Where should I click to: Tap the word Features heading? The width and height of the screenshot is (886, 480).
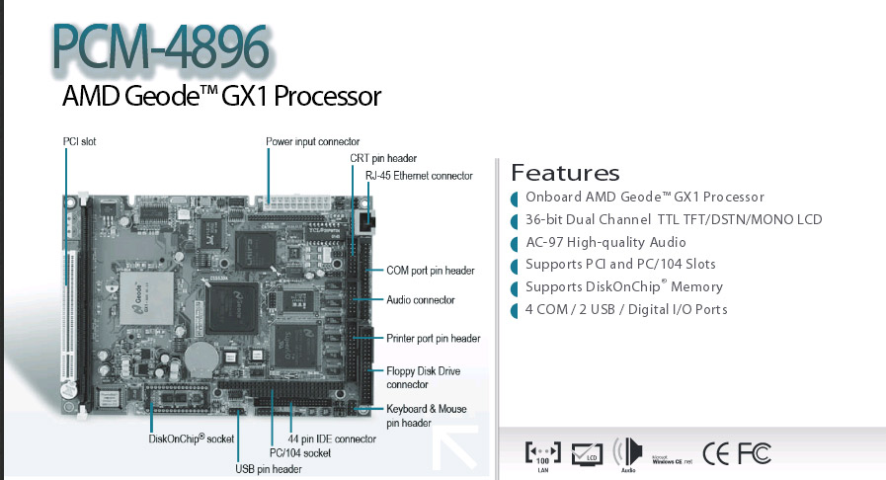pyautogui.click(x=565, y=174)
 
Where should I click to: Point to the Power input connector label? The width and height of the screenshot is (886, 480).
pyautogui.click(x=312, y=142)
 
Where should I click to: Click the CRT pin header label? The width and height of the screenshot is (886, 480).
pyautogui.click(x=382, y=158)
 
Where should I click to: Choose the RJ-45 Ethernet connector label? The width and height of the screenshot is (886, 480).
pyautogui.click(x=419, y=176)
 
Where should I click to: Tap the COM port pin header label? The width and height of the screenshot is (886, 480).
pyautogui.click(x=430, y=271)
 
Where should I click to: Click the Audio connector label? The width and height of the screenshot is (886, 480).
pyautogui.click(x=420, y=299)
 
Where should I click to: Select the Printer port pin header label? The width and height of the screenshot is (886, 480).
pyautogui.click(x=433, y=339)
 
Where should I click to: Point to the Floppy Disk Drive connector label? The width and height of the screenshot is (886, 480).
pyautogui.click(x=422, y=377)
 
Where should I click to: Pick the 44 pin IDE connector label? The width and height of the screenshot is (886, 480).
pyautogui.click(x=331, y=439)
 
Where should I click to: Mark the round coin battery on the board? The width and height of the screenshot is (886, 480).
pyautogui.click(x=204, y=353)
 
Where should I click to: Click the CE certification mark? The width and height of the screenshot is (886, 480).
pyautogui.click(x=716, y=453)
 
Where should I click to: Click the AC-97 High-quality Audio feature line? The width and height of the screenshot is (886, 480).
pyautogui.click(x=605, y=243)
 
